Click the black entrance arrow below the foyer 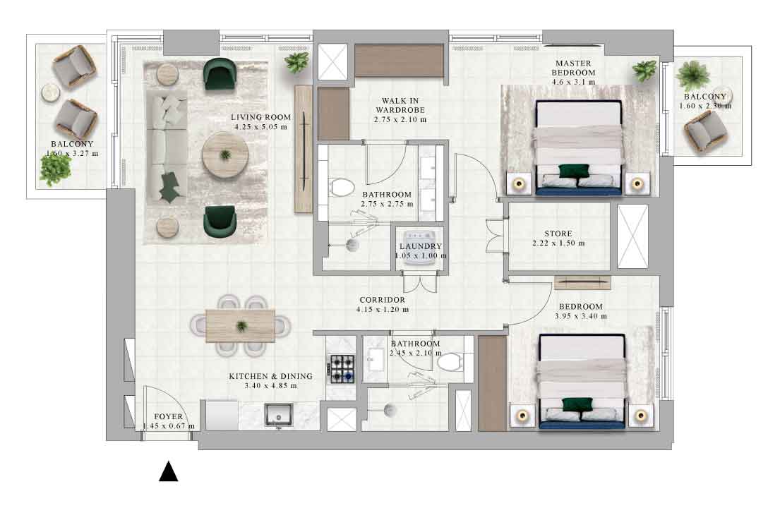168,472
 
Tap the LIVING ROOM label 260,117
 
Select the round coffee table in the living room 225,155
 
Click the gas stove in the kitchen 342,369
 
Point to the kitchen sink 279,415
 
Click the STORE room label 558,234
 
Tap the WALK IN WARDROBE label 400,105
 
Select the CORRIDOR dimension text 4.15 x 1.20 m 383,309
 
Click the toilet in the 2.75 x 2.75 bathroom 342,189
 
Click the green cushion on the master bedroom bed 574,171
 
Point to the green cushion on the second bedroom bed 577,404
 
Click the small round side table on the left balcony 50,93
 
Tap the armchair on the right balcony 705,131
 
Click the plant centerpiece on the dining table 241,326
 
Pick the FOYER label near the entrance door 169,416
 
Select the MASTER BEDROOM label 574,68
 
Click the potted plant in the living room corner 297,63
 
